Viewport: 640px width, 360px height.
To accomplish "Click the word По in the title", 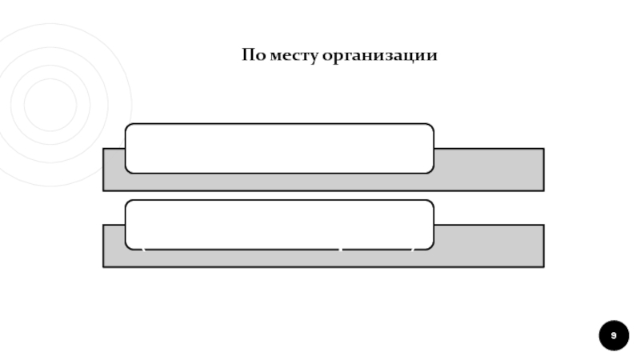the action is pos(254,56).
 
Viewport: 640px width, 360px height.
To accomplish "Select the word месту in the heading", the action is pos(291,57).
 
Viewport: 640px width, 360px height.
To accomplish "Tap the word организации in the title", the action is pos(379,57).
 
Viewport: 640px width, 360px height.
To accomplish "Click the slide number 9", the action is pos(614,335).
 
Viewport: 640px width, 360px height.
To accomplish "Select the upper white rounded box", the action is pos(279,148).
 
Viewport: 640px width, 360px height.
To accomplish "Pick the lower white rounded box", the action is pos(279,224).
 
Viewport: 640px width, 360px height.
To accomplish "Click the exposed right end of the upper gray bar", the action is pos(489,169).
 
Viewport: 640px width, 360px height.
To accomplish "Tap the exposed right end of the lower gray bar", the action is pos(489,245).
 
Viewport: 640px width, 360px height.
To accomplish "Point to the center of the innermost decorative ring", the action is pos(50,105).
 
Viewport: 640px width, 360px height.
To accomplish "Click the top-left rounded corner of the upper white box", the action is pos(129,127).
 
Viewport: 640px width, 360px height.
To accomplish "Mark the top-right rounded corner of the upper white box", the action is pos(430,127).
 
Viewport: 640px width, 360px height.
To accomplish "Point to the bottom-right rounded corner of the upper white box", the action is pos(430,170).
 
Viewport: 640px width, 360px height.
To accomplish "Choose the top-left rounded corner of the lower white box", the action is pos(129,203).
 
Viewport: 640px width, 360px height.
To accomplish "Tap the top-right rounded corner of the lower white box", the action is pos(430,203).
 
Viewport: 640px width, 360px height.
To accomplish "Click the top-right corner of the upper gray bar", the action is pos(543,149).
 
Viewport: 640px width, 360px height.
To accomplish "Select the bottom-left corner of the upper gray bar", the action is pos(104,190).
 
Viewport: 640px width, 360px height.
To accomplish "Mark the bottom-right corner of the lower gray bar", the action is pos(543,266).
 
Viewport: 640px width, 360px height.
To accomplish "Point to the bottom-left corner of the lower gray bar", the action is pos(104,266).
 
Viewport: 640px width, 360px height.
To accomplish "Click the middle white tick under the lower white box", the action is pos(341,250).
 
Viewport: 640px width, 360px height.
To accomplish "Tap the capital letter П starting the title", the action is pos(248,56).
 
